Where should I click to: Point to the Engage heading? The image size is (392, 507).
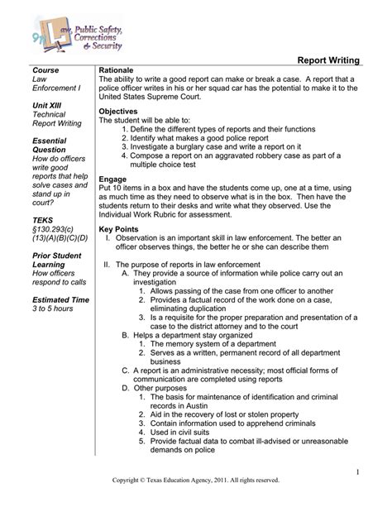[x=113, y=179]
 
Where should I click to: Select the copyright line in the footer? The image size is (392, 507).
[x=196, y=480]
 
